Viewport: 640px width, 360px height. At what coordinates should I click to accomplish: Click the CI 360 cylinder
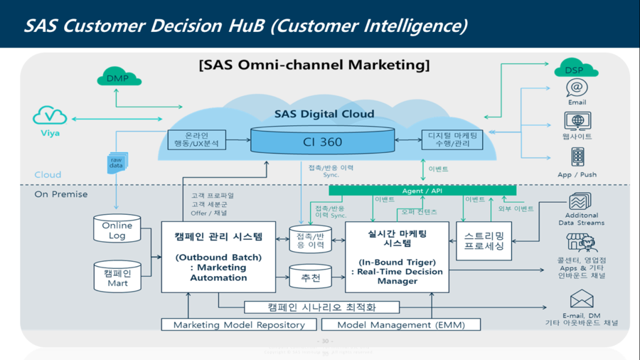321,141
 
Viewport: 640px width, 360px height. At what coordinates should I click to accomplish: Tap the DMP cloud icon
117,78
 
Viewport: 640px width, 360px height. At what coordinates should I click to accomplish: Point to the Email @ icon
577,88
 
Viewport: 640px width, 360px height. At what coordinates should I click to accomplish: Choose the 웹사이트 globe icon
577,120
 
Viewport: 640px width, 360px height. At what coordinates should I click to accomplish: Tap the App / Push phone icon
577,157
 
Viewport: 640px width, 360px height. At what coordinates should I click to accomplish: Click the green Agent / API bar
422,191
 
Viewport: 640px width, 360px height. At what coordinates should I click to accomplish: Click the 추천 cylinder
310,277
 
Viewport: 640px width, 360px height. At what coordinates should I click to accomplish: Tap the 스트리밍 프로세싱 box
484,240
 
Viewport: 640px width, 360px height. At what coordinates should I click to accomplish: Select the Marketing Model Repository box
235,324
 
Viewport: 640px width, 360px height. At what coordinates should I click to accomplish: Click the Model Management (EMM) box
401,324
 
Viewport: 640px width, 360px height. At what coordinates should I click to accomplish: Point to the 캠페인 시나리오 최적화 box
321,307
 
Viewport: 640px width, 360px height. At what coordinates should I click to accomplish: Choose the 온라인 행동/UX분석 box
196,139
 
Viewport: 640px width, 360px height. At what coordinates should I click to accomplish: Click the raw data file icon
117,162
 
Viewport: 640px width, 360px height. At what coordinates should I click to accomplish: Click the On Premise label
61,194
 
